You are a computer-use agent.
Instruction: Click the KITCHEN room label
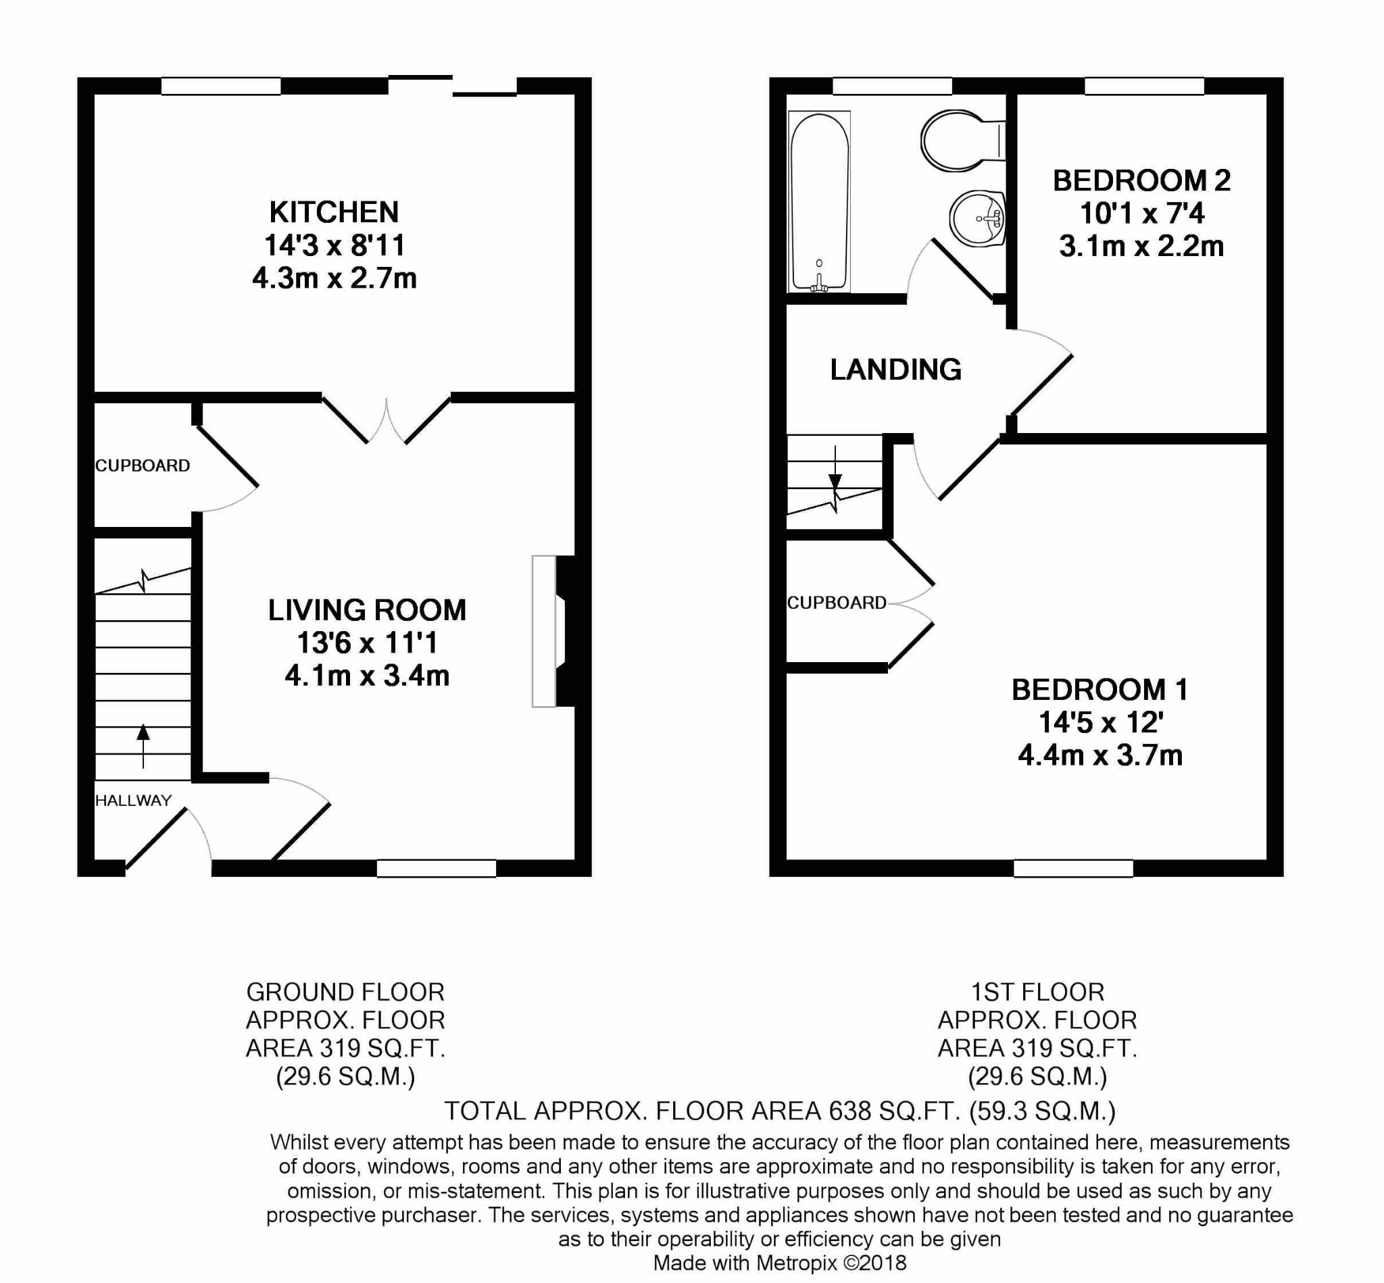(334, 211)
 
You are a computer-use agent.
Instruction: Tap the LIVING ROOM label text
(368, 610)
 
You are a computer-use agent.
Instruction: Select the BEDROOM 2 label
(1141, 180)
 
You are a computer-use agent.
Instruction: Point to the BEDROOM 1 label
(1100, 690)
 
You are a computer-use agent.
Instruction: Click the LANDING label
(896, 370)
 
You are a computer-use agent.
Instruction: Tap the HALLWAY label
(133, 801)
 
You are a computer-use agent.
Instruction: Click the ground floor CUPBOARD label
(143, 466)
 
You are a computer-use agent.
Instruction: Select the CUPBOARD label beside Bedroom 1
(837, 603)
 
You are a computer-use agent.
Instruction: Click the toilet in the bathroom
(963, 141)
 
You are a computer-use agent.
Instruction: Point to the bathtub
(820, 201)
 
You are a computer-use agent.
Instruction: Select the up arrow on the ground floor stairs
(143, 746)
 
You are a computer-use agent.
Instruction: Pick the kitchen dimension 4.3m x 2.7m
(334, 278)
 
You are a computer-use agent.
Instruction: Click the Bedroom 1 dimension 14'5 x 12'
(1101, 723)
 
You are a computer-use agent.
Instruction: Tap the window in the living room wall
(437, 867)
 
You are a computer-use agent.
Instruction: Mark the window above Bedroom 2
(1144, 86)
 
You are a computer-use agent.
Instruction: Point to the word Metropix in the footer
(797, 1262)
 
